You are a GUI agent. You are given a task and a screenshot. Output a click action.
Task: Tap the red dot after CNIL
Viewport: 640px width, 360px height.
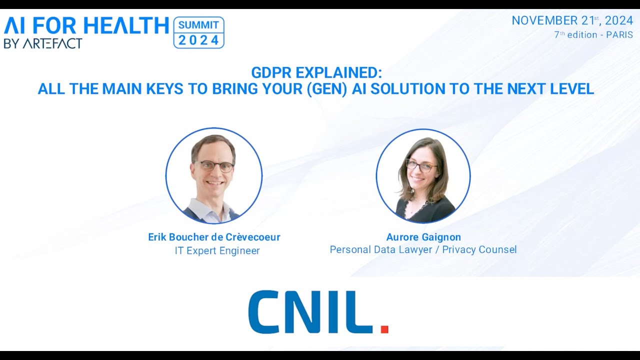click(384, 328)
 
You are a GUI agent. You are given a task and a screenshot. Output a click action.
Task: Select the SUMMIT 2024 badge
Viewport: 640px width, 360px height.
click(198, 32)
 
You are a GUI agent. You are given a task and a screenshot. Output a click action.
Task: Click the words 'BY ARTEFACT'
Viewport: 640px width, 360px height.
click(43, 43)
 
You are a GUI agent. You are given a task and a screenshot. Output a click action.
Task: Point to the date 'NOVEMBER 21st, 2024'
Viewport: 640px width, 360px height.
click(572, 21)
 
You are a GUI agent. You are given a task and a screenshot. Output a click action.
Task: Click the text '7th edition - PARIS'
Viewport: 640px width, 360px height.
click(593, 35)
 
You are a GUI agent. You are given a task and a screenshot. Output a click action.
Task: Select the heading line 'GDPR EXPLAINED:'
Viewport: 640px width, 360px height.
click(316, 73)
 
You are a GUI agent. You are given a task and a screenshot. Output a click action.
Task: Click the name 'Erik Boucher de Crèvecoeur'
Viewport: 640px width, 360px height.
click(214, 237)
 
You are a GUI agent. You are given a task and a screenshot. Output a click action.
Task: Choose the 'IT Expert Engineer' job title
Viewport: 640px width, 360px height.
click(217, 250)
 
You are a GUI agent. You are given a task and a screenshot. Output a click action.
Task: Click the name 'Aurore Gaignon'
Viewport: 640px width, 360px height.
click(423, 237)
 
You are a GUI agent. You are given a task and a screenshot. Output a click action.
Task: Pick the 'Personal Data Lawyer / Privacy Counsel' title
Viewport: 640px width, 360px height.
click(423, 249)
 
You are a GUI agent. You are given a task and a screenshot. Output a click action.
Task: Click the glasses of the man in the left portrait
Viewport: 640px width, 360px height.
click(214, 166)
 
